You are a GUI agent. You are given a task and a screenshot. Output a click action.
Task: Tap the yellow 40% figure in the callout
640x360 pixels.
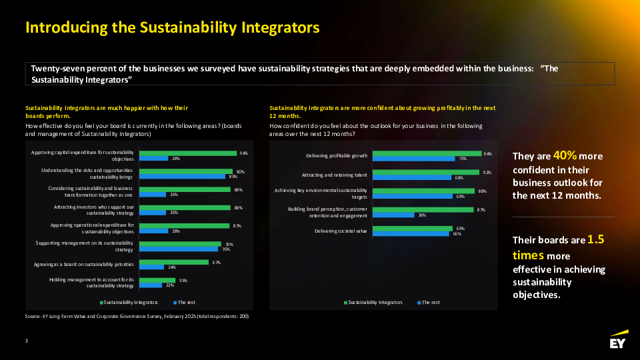coord(565,156)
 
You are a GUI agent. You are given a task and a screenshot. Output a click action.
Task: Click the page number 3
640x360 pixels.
coord(26,341)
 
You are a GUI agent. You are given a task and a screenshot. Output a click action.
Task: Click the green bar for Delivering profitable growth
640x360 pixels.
coord(427,153)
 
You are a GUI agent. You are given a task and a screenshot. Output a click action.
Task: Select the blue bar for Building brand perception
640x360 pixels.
coord(393,215)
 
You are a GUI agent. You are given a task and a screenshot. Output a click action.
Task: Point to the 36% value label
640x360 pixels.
coord(422,215)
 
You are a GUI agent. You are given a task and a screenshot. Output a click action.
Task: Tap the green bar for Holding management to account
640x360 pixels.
coord(157,280)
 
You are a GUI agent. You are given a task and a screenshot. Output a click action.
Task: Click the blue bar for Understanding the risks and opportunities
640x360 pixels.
coord(183,177)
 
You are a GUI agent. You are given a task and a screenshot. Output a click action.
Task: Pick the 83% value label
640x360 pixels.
coord(233,177)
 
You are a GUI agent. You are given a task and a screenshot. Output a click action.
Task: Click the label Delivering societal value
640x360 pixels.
coord(341,231)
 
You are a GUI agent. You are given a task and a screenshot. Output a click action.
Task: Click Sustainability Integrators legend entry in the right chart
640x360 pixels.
coord(373,302)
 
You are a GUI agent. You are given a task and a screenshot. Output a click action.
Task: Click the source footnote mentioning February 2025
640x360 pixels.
coord(137,316)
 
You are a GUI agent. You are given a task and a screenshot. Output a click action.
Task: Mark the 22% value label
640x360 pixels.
coord(170,285)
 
